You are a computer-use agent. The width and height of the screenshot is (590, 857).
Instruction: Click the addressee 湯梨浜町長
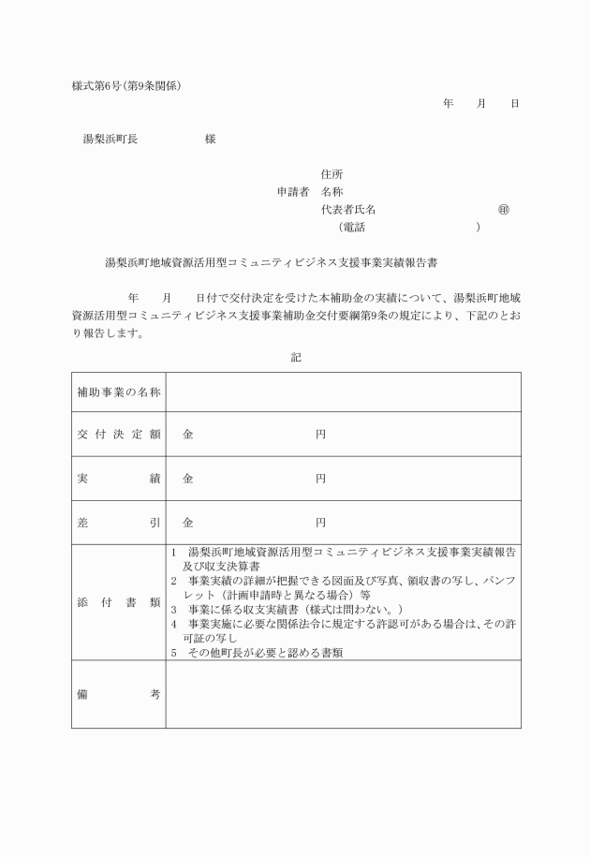pos(111,139)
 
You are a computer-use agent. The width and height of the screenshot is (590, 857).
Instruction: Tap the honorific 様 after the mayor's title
pos(210,139)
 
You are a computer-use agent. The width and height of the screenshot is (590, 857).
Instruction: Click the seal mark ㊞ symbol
pos(504,209)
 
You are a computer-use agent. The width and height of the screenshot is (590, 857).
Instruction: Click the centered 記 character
pos(296,356)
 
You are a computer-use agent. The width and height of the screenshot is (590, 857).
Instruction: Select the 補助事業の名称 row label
pos(118,392)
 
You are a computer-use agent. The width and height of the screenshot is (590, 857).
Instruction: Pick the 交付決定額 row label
pos(118,435)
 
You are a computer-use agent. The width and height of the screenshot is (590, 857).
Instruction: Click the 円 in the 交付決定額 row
pos(320,435)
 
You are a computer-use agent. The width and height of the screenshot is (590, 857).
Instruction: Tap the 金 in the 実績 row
pos(188,478)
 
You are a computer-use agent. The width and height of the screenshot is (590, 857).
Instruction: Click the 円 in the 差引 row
pos(320,522)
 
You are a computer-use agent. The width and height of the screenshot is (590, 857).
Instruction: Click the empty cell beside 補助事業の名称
pos(343,392)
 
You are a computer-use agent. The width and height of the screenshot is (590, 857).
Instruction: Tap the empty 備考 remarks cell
pos(343,694)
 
